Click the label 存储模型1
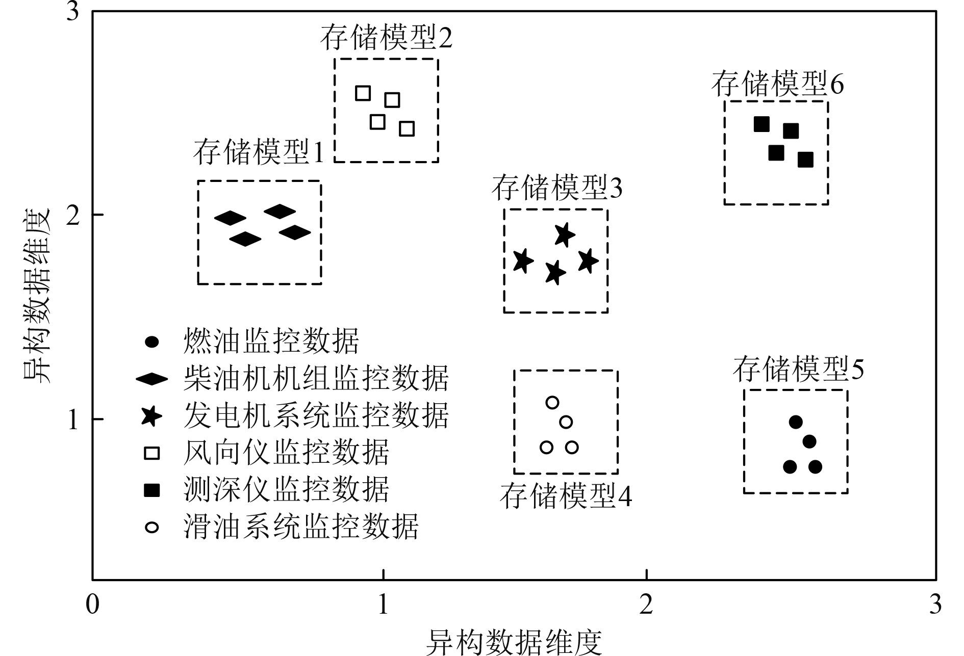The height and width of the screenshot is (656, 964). [259, 152]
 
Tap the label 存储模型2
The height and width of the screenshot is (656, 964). [386, 38]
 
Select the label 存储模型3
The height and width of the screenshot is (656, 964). [557, 188]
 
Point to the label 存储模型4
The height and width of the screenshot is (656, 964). [566, 495]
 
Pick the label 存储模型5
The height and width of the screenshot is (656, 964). [798, 370]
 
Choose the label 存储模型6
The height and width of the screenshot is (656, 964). [777, 84]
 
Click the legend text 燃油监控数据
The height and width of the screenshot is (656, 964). [271, 341]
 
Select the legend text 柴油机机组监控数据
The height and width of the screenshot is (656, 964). [316, 378]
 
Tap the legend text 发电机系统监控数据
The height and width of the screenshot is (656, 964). [316, 415]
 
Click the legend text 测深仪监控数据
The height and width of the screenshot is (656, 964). [286, 490]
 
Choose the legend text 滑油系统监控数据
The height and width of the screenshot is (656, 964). [301, 527]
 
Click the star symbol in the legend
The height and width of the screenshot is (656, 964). [151, 416]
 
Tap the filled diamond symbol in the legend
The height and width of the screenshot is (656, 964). [151, 379]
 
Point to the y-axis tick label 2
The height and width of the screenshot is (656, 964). [73, 215]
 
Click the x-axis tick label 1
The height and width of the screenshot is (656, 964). [383, 605]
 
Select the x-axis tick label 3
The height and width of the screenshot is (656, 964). [935, 605]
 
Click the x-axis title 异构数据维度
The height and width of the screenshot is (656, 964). [514, 642]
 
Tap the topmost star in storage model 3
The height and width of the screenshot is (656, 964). [564, 235]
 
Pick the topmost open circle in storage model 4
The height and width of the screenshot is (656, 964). [552, 403]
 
